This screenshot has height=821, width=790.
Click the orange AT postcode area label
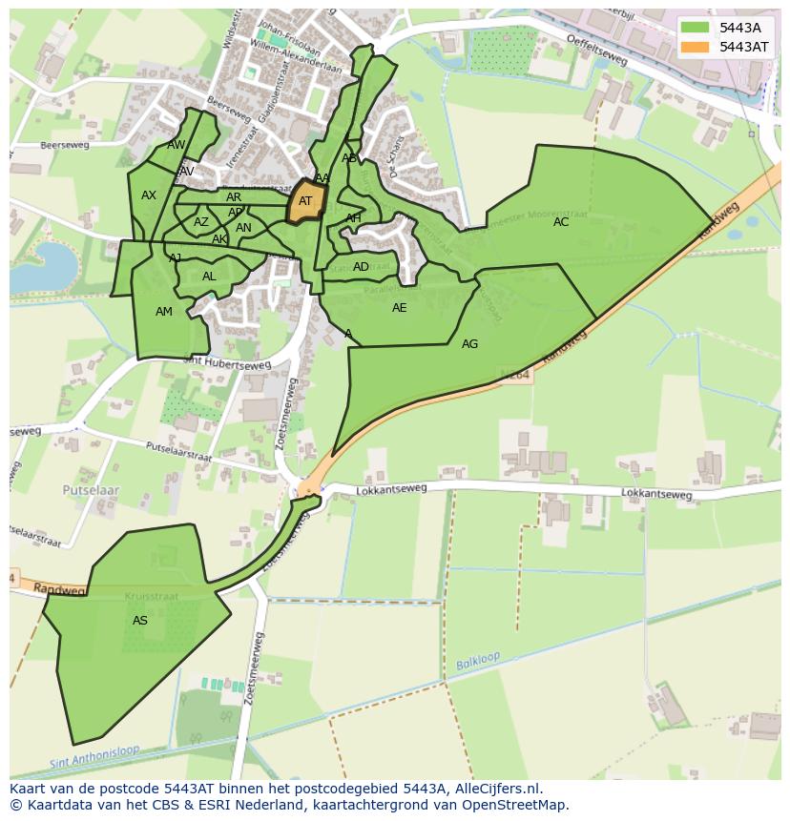[x=305, y=201]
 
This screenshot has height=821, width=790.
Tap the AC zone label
[x=561, y=222]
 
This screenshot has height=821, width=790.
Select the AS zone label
[x=140, y=621]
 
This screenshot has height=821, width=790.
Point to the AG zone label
[x=469, y=344]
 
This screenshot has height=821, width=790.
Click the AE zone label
[x=399, y=308]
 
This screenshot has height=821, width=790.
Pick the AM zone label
[x=164, y=312]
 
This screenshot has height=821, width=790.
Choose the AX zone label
[x=149, y=195]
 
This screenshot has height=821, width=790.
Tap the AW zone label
[x=177, y=145]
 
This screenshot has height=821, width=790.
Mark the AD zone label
[x=361, y=267]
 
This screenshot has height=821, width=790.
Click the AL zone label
[x=209, y=277]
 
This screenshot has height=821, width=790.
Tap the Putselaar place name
[x=91, y=489]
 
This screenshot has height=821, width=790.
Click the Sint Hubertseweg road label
[x=227, y=363]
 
